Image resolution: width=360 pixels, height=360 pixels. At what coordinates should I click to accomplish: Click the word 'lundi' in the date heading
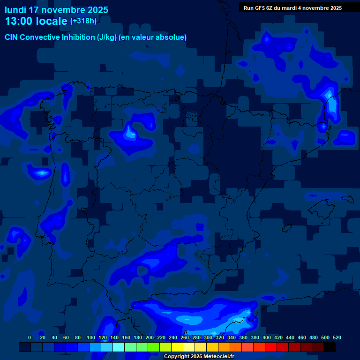pyautogui.click(x=15, y=10)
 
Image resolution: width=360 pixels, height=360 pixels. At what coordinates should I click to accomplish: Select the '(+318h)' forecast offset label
pyautogui.click(x=83, y=21)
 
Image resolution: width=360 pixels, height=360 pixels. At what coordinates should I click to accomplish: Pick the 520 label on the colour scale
pyautogui.click(x=337, y=337)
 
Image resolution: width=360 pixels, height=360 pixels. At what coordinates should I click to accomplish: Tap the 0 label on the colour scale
pyautogui.click(x=30, y=337)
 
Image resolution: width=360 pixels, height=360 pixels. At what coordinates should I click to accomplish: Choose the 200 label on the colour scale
pyautogui.click(x=150, y=337)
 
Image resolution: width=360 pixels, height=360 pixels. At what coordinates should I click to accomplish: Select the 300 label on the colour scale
pyautogui.click(x=208, y=337)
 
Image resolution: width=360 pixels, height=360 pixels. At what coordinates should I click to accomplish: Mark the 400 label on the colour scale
pyautogui.click(x=267, y=337)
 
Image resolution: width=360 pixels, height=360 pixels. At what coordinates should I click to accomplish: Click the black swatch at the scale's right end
pyautogui.click(x=329, y=347)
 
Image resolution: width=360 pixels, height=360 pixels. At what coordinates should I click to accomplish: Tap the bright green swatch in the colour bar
pyautogui.click(x=153, y=347)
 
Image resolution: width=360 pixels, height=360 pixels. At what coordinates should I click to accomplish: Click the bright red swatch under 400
pyautogui.click(x=270, y=347)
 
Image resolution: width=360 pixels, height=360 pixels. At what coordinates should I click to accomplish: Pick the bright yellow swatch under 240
pyautogui.click(x=177, y=347)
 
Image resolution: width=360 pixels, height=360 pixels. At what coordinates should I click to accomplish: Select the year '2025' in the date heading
pyautogui.click(x=96, y=10)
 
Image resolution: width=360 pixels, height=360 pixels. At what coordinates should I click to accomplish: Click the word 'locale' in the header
pyautogui.click(x=53, y=21)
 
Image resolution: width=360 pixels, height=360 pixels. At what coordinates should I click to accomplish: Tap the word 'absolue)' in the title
pyautogui.click(x=171, y=37)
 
